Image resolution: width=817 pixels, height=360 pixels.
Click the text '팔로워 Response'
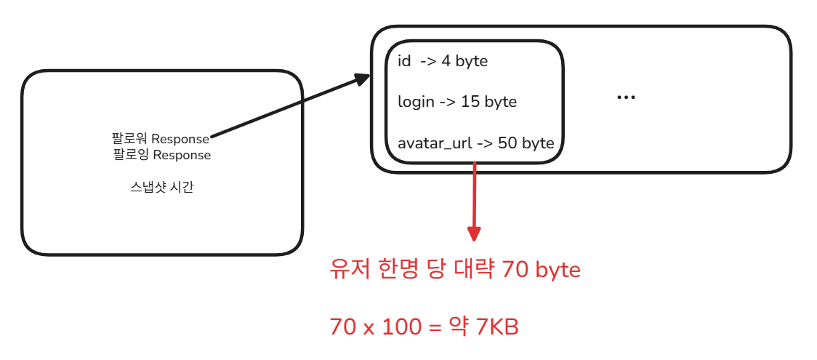[161, 138]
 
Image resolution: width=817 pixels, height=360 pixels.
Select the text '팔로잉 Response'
[162, 155]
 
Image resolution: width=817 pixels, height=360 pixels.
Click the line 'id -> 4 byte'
[443, 61]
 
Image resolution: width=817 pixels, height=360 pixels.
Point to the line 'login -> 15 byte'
[457, 102]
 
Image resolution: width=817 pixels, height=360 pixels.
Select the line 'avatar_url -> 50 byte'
[476, 143]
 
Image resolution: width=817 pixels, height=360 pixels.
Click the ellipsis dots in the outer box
[626, 98]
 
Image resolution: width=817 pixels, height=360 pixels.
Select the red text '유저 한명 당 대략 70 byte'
[455, 271]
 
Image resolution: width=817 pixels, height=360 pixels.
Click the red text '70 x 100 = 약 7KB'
[424, 327]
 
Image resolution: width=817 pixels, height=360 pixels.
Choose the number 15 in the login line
[470, 102]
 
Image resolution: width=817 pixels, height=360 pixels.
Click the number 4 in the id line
[446, 61]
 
